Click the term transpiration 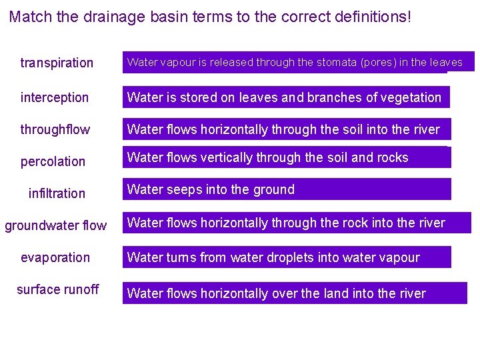(57, 63)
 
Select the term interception (55, 97)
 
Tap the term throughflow (55, 129)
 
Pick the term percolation (53, 161)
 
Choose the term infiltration (57, 193)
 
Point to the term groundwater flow (56, 225)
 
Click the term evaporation (55, 257)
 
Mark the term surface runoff (57, 289)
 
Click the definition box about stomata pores (297, 62)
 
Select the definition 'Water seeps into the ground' (287, 189)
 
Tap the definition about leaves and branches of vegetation (285, 97)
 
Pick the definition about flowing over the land (295, 293)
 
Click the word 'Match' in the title (31, 16)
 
